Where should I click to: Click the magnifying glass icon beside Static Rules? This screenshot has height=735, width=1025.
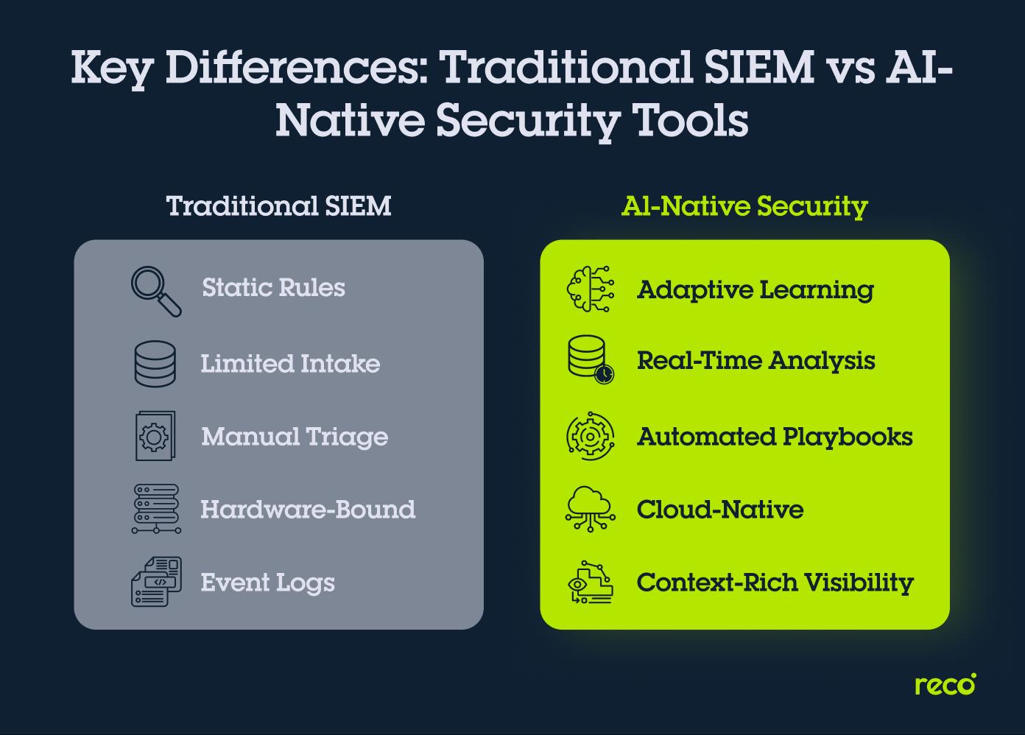coord(156,291)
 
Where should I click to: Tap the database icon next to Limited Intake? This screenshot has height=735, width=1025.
coord(155,364)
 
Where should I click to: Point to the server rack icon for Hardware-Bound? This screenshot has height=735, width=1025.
coord(155,509)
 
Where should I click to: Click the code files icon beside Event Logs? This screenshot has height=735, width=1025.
coord(155,582)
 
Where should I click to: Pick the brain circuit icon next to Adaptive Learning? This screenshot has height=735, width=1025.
coord(590,289)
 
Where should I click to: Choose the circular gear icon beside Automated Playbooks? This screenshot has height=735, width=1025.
coord(590,437)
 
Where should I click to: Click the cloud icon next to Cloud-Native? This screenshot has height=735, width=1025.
coord(590,509)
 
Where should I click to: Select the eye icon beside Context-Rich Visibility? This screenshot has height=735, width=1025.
coord(590,582)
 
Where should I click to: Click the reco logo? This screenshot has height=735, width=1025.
coord(945,684)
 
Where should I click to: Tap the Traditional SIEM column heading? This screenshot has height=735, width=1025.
coord(278,206)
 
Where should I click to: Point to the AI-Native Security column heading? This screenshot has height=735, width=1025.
coord(744,206)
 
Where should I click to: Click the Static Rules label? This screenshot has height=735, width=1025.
coord(273,287)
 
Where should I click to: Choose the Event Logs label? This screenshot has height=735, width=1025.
coord(267,583)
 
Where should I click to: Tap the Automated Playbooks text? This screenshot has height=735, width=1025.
coord(775,437)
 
